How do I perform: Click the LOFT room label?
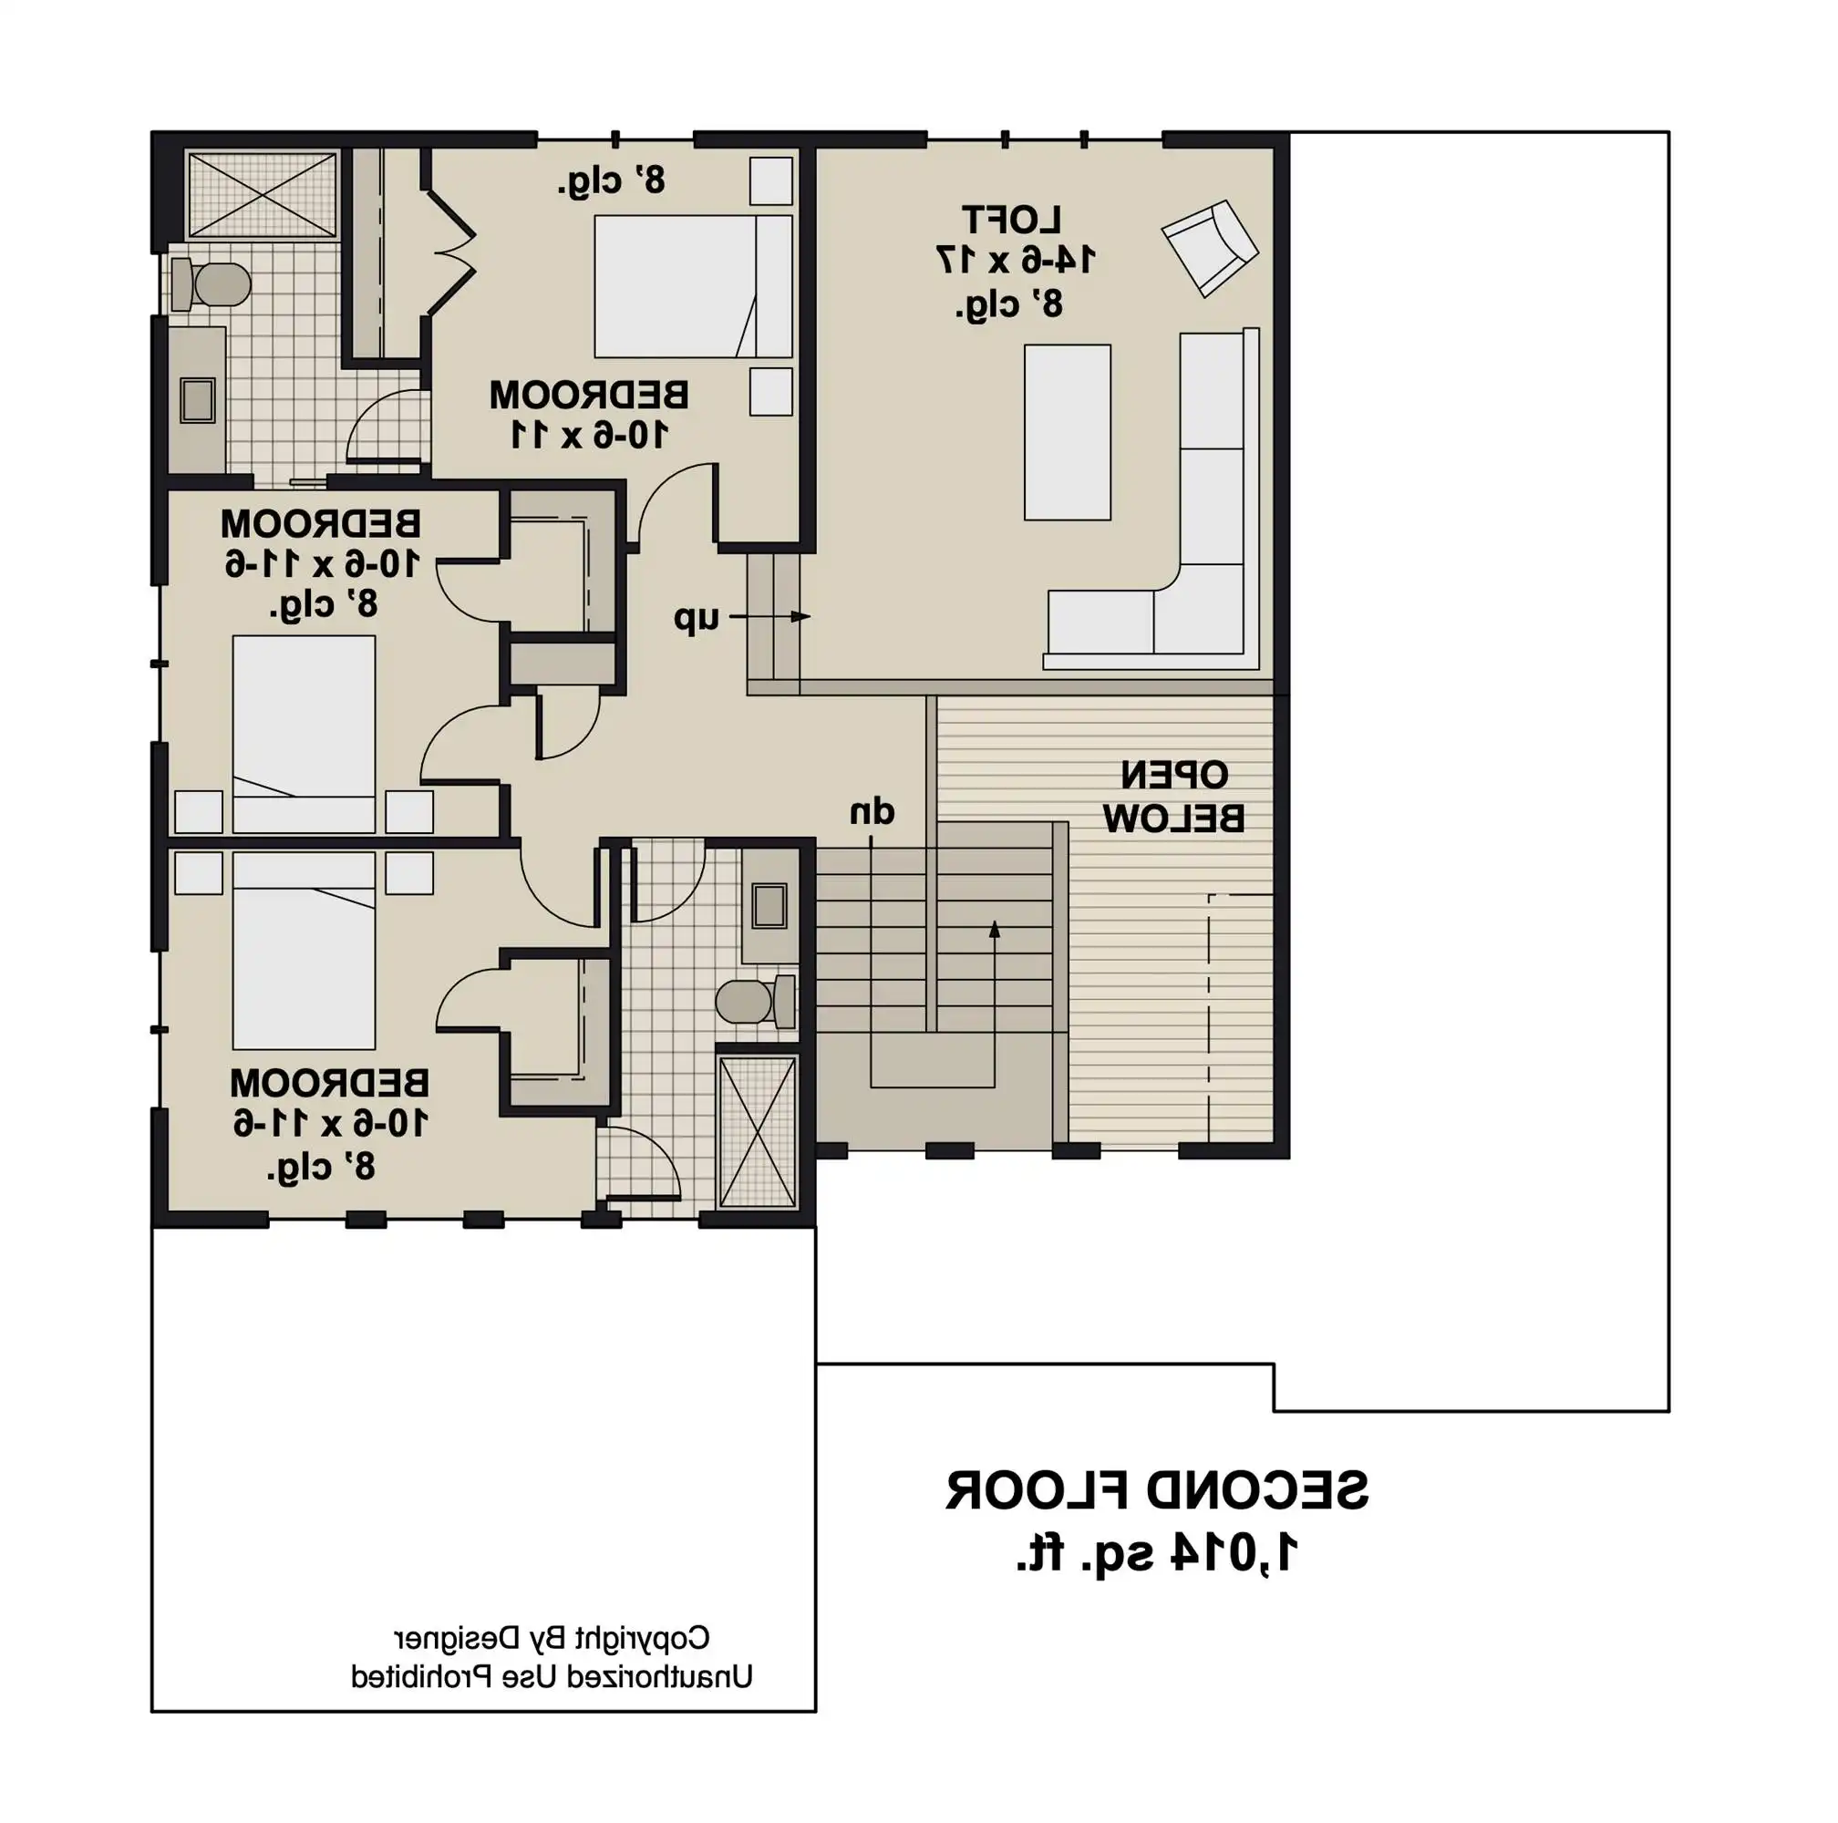(x=1010, y=220)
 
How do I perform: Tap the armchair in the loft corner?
(x=1209, y=247)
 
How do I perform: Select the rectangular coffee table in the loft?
(x=1067, y=432)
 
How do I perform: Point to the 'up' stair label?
(x=697, y=618)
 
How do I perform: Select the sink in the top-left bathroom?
(x=198, y=399)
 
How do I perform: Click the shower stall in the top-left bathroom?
(x=262, y=194)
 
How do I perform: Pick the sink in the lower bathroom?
(x=769, y=905)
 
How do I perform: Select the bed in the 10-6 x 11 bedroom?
(x=693, y=285)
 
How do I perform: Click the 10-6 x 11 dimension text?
(x=590, y=436)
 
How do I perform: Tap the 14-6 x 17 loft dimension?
(x=1015, y=260)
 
